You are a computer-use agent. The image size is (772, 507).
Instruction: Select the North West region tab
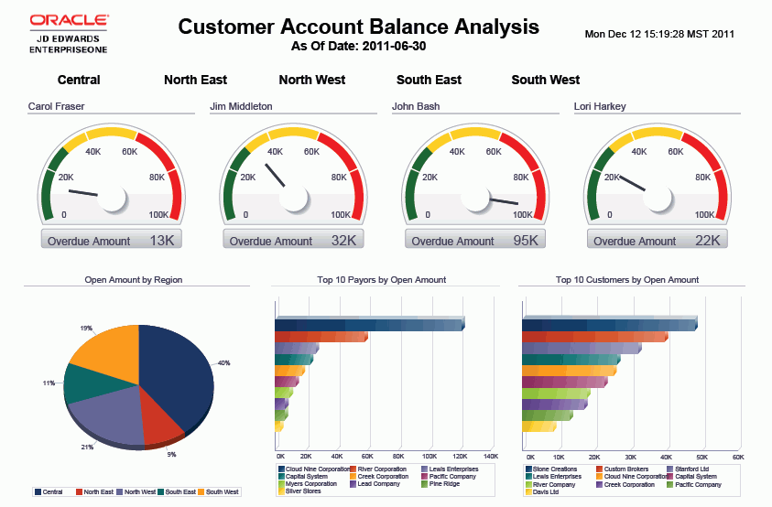312,80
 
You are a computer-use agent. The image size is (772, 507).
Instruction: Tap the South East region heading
429,80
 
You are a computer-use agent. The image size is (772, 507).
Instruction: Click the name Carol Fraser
57,106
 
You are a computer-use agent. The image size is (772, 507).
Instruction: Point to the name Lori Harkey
600,106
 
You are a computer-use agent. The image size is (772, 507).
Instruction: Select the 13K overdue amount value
161,241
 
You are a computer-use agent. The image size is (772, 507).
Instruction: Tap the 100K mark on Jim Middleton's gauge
341,215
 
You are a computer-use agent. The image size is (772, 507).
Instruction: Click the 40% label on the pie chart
223,363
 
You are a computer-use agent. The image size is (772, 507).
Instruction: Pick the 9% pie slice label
170,455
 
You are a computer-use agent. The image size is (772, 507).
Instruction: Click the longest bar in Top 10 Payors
369,324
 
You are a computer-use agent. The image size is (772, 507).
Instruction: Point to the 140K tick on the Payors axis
490,456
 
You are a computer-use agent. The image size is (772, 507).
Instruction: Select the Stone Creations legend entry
555,469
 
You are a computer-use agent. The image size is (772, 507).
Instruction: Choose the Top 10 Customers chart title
627,280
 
